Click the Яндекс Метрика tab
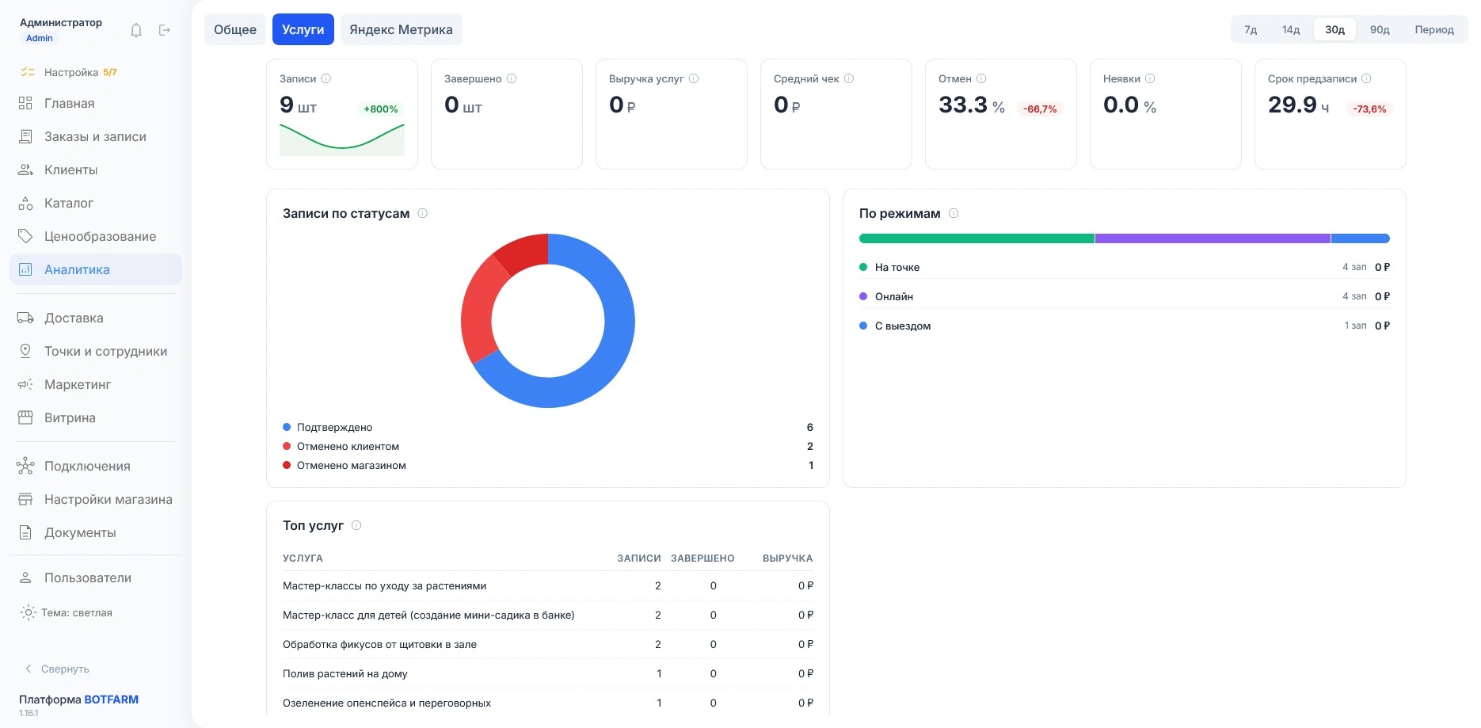pyautogui.click(x=401, y=29)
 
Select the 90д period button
pyautogui.click(x=1380, y=29)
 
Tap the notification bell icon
pyautogui.click(x=136, y=30)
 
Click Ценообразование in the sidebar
pyautogui.click(x=100, y=236)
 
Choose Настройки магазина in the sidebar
pyautogui.click(x=108, y=499)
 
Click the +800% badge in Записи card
pyautogui.click(x=381, y=109)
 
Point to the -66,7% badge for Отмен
pyautogui.click(x=1040, y=109)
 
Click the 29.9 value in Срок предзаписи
pyautogui.click(x=1293, y=105)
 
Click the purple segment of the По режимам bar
pyautogui.click(x=1213, y=238)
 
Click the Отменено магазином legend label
pyautogui.click(x=351, y=465)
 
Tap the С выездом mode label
pyautogui.click(x=903, y=326)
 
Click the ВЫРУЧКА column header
pyautogui.click(x=788, y=558)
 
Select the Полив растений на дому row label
pyautogui.click(x=345, y=673)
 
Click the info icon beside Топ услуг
pyautogui.click(x=356, y=525)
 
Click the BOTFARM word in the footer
pyautogui.click(x=112, y=699)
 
